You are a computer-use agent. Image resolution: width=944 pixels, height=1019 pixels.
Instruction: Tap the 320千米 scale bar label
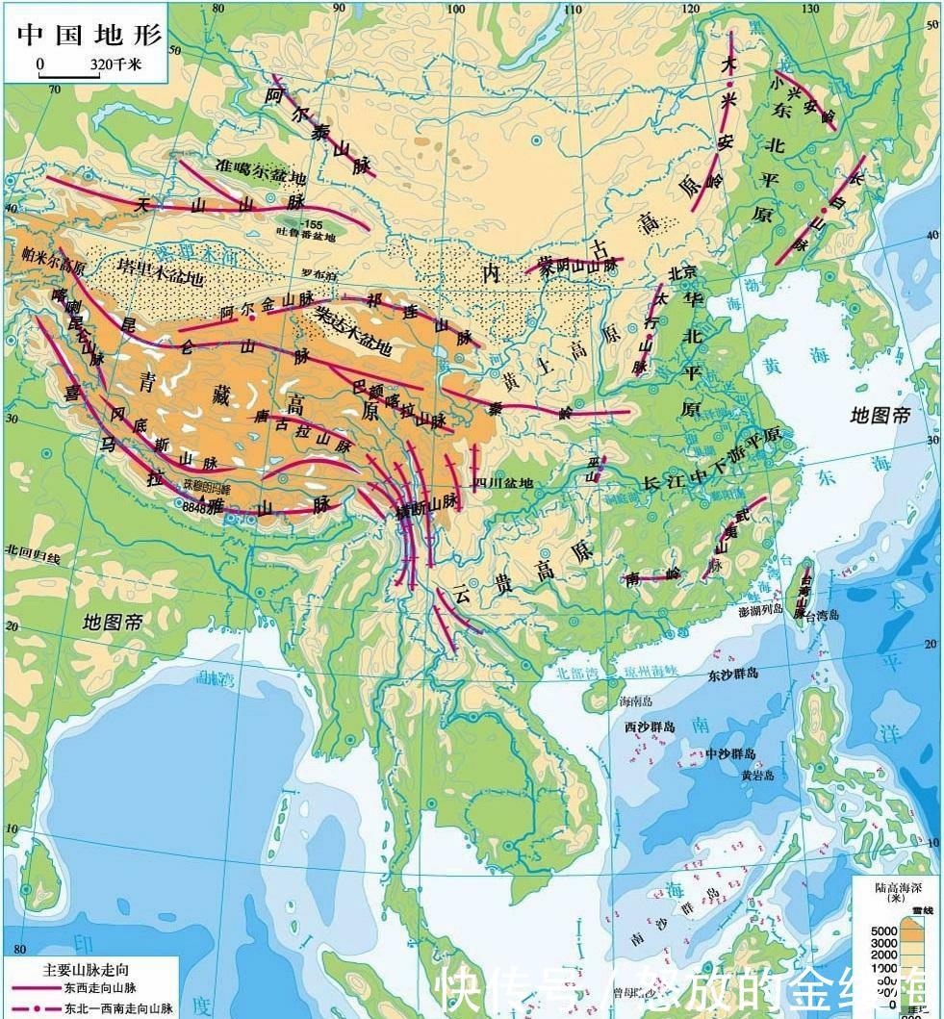[116, 64]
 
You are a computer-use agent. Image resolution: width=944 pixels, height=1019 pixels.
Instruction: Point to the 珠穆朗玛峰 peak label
[209, 485]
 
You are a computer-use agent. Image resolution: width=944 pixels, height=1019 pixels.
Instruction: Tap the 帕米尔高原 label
[52, 260]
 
